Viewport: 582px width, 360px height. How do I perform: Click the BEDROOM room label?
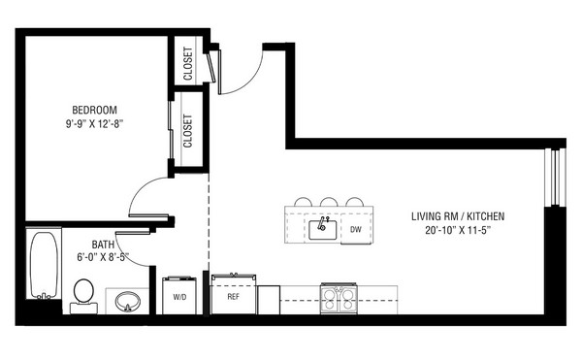[x=94, y=110]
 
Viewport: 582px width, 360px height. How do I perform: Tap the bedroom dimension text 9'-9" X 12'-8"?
[x=94, y=124]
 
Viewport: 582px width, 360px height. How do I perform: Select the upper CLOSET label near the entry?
[x=188, y=63]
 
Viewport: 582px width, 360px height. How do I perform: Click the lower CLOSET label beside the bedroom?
[x=188, y=131]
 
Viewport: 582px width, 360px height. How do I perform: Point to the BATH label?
[x=103, y=245]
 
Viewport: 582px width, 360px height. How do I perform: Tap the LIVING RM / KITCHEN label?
[x=458, y=216]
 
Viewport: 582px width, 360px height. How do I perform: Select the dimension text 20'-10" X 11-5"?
[x=458, y=230]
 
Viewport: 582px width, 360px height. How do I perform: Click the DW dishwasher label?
[x=356, y=229]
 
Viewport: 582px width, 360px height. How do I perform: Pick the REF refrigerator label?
[x=234, y=297]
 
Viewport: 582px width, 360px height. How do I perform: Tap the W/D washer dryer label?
[x=179, y=297]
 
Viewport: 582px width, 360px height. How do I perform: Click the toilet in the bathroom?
[x=83, y=296]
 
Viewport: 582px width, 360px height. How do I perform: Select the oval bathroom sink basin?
[x=127, y=302]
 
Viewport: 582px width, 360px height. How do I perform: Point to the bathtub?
[x=44, y=264]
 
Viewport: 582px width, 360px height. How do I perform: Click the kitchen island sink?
[x=323, y=230]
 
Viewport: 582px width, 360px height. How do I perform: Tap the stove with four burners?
[x=339, y=299]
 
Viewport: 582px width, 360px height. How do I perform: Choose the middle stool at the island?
[x=329, y=202]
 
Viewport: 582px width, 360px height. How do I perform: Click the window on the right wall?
[x=555, y=177]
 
